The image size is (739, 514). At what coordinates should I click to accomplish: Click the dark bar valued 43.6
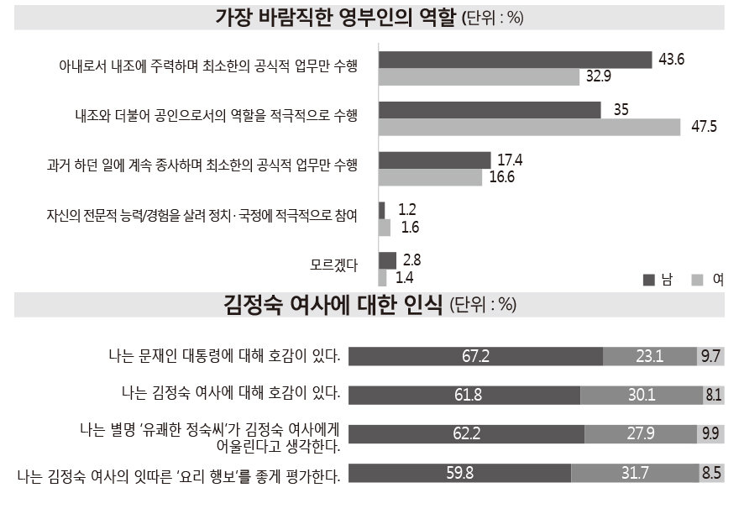tap(515, 60)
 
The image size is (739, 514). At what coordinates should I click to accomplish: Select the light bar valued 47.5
tap(529, 127)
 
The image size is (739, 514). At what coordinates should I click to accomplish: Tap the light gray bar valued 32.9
tap(479, 77)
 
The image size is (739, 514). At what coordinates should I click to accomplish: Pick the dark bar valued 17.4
tap(434, 160)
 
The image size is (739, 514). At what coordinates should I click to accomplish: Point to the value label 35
tap(621, 109)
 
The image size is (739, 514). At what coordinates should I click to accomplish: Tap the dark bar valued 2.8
tap(387, 260)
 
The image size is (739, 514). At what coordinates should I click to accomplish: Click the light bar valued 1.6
tap(385, 227)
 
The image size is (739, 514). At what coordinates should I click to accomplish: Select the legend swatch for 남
tap(648, 280)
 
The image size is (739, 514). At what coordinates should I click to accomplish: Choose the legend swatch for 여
tap(697, 280)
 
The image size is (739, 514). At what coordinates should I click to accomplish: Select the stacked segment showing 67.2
tap(475, 356)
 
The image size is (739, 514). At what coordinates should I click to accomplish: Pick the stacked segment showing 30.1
tap(641, 395)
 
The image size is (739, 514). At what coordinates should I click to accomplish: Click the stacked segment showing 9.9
tap(710, 434)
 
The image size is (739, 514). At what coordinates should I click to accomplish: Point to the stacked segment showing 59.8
tap(459, 473)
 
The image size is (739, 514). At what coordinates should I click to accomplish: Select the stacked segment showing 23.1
tap(649, 356)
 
